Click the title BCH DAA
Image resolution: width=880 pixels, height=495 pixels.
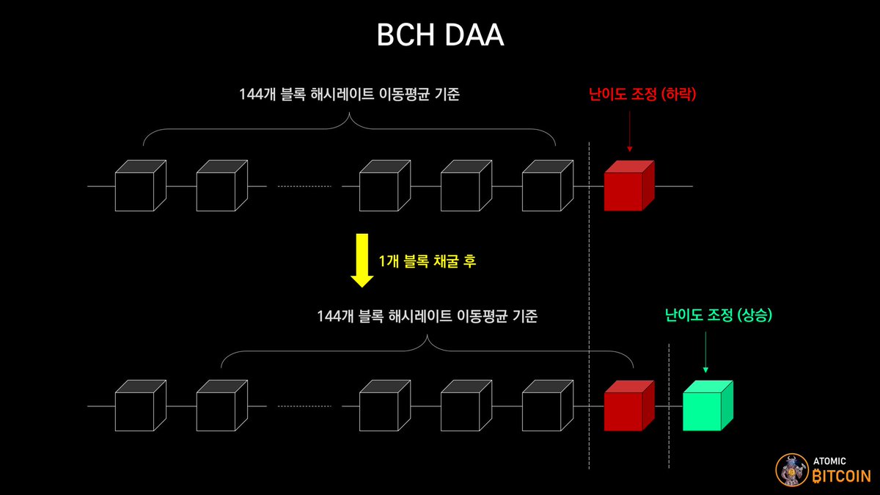tap(440, 35)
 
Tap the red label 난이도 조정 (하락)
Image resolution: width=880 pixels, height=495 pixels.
tap(642, 95)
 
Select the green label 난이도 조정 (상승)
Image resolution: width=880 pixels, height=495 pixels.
tap(719, 316)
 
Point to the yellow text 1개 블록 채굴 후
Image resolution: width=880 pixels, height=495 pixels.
tap(427, 261)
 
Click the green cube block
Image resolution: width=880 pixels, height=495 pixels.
tap(707, 406)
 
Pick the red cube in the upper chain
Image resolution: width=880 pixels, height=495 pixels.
tap(628, 186)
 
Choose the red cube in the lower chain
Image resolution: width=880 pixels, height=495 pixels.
tap(628, 406)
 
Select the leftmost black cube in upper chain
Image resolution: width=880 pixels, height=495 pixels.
tap(140, 186)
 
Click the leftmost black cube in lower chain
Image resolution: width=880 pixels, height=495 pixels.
tap(140, 406)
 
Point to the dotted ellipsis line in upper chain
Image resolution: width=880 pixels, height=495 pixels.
tap(304, 187)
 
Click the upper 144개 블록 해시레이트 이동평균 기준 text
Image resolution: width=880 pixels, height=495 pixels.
tap(349, 95)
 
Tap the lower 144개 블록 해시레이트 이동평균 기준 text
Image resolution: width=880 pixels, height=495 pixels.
tap(428, 316)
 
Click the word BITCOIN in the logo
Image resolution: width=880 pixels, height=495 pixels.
tap(842, 476)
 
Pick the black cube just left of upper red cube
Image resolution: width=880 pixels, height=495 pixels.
tap(546, 186)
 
